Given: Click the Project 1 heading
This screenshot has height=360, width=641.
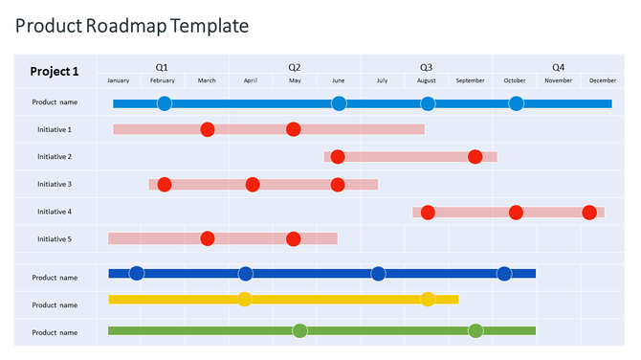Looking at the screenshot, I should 55,72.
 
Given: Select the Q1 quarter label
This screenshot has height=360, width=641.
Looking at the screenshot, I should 162,67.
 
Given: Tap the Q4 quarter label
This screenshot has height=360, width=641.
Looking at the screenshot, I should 558,67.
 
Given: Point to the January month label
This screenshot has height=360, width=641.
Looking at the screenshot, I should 119,81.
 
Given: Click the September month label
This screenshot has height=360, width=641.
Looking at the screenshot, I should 470,81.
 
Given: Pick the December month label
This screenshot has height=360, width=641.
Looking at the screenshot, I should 602,81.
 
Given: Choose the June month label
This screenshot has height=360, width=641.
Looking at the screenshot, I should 339,81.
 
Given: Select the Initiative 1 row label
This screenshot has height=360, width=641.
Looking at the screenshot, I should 55,129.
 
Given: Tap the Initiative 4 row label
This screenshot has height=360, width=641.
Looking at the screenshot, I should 55,212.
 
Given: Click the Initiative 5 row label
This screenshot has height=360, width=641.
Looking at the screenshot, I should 55,239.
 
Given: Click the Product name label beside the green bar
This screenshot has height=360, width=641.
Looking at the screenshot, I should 55,332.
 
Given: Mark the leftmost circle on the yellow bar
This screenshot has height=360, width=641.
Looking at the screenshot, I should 245,299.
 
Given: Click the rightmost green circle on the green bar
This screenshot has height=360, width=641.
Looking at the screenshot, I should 475,331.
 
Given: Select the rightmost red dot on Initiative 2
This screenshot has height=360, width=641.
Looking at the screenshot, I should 475,156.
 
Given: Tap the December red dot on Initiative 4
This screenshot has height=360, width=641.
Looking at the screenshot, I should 589,212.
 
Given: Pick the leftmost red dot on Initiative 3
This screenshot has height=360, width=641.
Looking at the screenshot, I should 165,184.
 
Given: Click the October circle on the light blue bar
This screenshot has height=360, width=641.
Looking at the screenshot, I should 516,103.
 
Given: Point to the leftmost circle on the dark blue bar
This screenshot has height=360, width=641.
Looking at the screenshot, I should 137,274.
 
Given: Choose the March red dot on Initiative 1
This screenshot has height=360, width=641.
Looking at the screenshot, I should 208,129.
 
